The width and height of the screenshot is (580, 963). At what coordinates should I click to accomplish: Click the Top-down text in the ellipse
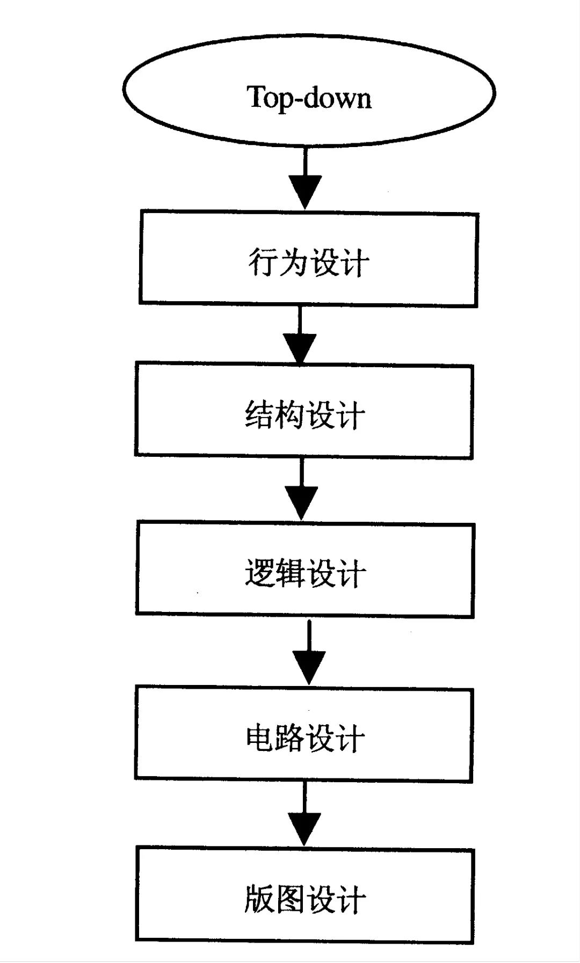click(309, 98)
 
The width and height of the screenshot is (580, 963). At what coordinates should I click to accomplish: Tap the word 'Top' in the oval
click(269, 98)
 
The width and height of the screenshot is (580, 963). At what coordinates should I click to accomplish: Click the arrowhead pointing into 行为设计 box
click(305, 191)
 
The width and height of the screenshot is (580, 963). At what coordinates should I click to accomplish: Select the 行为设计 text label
click(309, 263)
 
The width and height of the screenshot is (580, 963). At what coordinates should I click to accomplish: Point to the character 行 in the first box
click(263, 263)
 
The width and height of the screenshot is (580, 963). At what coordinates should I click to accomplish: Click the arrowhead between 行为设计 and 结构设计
click(300, 348)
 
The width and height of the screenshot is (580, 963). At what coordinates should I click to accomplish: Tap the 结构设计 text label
click(305, 415)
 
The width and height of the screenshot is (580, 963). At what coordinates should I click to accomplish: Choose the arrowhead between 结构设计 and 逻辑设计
click(301, 502)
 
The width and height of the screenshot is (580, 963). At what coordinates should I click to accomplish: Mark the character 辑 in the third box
click(290, 573)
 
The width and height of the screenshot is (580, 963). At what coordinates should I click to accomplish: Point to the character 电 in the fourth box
click(260, 738)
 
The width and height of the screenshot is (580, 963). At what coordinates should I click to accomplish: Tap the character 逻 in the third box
click(260, 573)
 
